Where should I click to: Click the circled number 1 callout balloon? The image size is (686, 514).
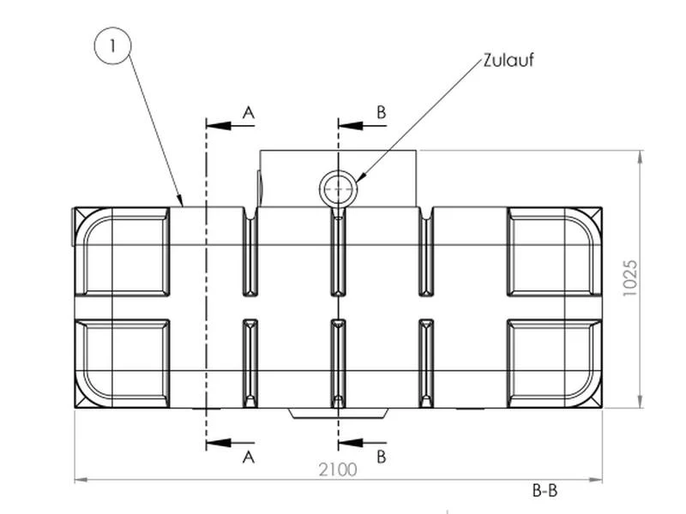[113, 46]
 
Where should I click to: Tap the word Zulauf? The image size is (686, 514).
[508, 60]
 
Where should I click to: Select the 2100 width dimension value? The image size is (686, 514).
[338, 469]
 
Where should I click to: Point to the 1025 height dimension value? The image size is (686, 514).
[630, 278]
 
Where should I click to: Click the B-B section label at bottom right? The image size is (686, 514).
[545, 490]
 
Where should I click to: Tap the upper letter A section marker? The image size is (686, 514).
[249, 113]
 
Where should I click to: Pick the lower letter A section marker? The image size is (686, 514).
[249, 457]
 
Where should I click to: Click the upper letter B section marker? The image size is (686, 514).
[381, 112]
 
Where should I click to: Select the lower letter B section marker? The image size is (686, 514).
[381, 457]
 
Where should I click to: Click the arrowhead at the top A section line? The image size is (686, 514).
[219, 126]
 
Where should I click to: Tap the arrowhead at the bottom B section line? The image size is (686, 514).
[351, 443]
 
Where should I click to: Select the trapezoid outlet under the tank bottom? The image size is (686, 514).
[338, 414]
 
